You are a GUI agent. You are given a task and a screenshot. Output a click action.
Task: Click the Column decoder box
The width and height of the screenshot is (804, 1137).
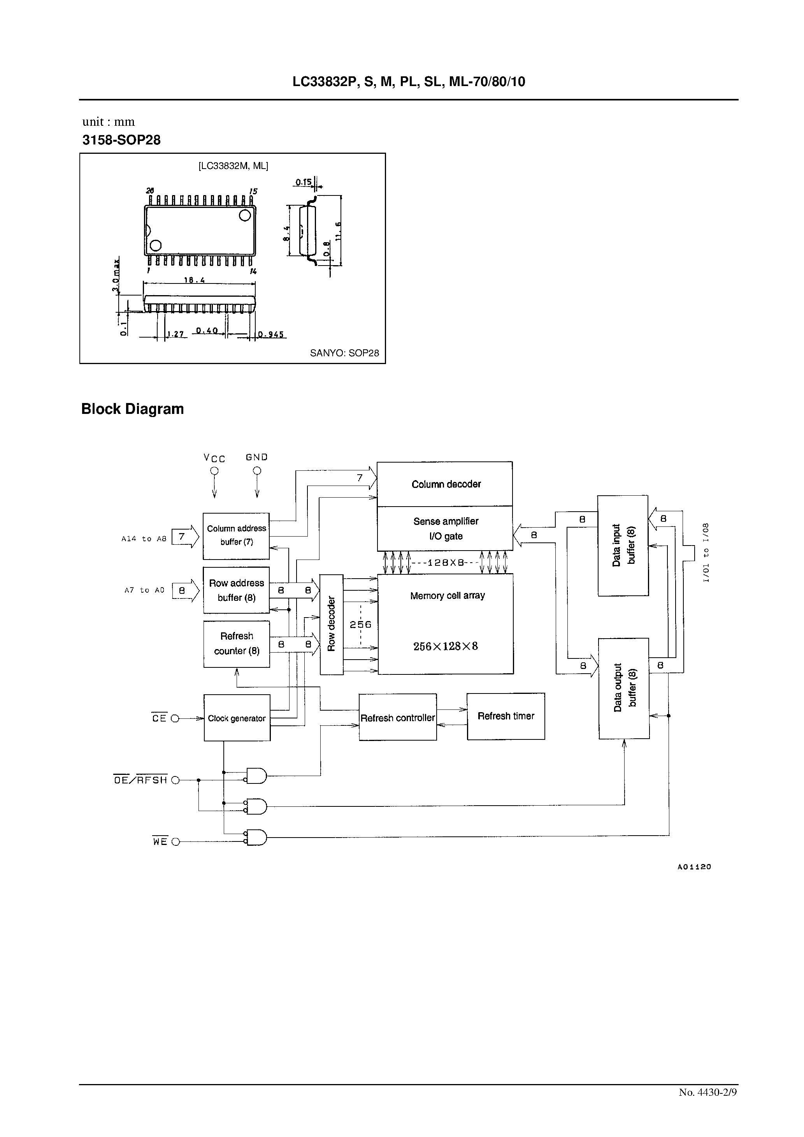coord(444,484)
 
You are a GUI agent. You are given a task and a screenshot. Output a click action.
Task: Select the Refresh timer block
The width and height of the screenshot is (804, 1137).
coord(506,716)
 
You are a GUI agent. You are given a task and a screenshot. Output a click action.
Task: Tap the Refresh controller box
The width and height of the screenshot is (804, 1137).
coord(398,718)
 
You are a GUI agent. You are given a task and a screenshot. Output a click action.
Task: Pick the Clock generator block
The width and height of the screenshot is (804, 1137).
coord(237,718)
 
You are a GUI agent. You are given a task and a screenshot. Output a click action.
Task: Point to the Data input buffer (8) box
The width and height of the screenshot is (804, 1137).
coord(623,545)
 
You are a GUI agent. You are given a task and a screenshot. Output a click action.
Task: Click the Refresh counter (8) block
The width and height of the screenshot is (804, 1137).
coord(237,643)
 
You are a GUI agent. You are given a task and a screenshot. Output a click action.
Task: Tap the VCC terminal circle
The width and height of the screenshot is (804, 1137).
coord(214,471)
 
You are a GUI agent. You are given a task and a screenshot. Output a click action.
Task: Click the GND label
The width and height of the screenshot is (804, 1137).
coord(256,457)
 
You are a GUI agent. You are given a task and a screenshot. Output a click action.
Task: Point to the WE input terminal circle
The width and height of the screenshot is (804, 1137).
coord(175,842)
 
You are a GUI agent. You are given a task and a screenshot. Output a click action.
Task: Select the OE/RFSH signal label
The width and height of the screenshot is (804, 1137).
coord(140,780)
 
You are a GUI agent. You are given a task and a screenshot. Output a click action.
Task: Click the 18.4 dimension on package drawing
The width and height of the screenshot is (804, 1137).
coord(195,280)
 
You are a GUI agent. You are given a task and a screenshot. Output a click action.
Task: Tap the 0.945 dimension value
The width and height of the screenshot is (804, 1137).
coord(270,335)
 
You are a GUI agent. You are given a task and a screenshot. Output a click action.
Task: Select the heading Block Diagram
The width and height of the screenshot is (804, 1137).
coord(132,408)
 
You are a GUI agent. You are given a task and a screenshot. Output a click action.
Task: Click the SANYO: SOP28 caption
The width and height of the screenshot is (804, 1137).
coord(344,353)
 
